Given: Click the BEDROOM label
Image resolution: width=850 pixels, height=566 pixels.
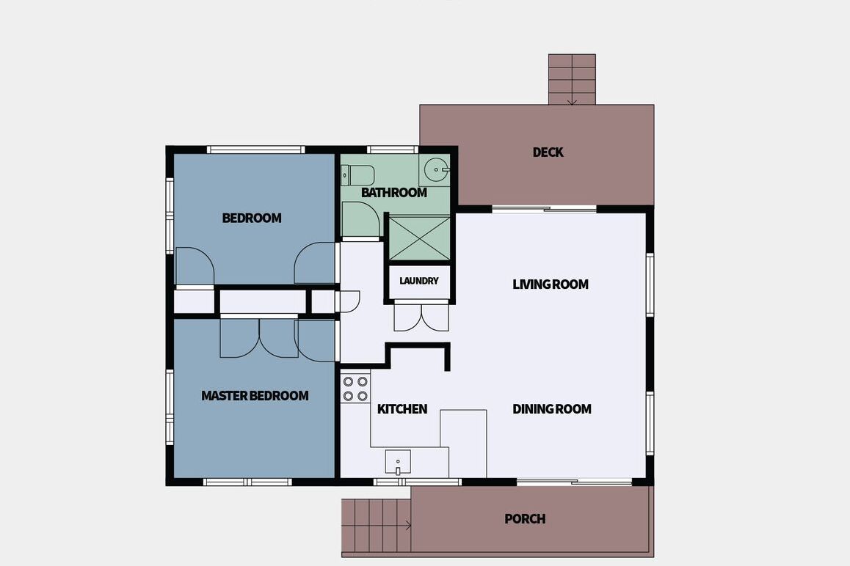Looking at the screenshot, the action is click(x=252, y=218).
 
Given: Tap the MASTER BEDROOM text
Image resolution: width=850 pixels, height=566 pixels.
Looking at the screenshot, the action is click(x=255, y=396).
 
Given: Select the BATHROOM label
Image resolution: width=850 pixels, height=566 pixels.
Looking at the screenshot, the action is click(x=394, y=193).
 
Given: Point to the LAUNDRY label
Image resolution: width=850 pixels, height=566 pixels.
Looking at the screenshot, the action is click(x=419, y=281).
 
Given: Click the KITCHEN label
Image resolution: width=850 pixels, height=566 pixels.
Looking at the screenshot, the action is click(x=402, y=409).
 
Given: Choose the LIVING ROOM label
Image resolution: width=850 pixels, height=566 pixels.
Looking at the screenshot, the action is click(x=551, y=284).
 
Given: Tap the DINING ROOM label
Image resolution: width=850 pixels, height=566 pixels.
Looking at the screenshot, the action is click(x=552, y=409).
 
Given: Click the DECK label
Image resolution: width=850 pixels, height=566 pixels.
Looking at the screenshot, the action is click(x=548, y=152).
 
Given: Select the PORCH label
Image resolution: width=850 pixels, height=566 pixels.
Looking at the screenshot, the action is click(x=525, y=519).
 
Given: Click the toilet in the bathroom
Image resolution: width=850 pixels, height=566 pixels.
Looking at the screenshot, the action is click(x=357, y=175).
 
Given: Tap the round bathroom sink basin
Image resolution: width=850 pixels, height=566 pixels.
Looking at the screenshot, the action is click(x=435, y=170).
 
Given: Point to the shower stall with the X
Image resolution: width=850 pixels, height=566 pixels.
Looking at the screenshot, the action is click(x=420, y=238).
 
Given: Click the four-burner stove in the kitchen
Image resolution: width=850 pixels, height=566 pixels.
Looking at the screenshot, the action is click(x=355, y=389).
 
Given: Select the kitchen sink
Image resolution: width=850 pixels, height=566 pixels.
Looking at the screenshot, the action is click(x=398, y=462).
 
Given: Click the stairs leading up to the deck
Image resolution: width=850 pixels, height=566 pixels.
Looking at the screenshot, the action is click(x=572, y=79).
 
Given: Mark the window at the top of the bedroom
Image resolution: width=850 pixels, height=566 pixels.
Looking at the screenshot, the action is click(x=255, y=150).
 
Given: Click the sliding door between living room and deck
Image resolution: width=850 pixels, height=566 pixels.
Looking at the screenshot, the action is click(x=544, y=209).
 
